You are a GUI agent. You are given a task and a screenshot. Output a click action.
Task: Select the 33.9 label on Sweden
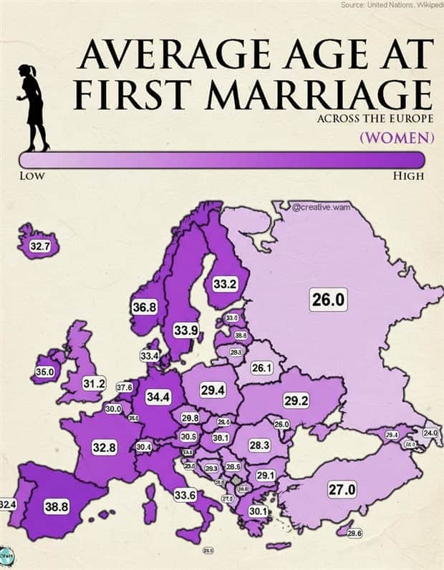(185, 330)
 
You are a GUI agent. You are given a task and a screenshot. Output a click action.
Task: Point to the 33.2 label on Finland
(225, 284)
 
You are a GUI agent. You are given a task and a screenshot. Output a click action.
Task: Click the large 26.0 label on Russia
(329, 300)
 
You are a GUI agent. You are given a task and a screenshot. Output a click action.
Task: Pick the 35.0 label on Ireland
(44, 372)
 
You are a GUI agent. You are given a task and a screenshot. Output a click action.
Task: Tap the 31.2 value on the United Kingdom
(94, 384)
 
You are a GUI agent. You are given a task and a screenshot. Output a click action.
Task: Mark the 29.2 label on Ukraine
(296, 401)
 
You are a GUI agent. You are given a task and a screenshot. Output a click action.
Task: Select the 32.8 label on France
(105, 448)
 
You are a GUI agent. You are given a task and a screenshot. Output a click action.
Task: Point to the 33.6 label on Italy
(185, 494)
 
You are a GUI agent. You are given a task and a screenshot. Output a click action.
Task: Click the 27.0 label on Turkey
(342, 490)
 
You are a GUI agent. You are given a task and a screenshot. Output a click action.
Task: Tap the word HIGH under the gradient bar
(408, 176)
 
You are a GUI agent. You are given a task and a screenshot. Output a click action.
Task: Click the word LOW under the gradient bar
(32, 176)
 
